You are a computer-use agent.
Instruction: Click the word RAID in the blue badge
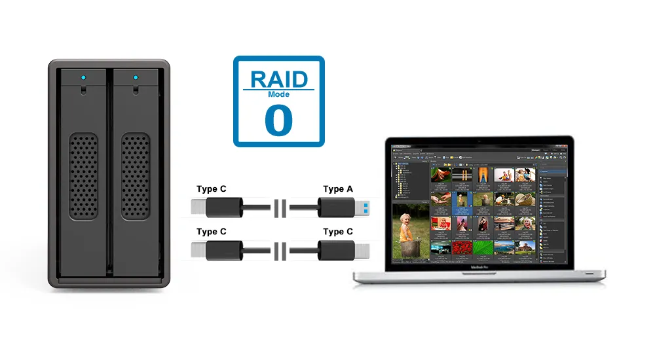[x=279, y=79]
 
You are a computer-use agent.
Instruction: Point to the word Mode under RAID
[x=279, y=94]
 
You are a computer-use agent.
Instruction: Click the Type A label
[x=337, y=189]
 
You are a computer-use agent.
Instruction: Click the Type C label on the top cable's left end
[x=211, y=189]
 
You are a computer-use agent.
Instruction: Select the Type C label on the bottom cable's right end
[x=337, y=232]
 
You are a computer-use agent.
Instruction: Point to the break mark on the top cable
[x=280, y=208]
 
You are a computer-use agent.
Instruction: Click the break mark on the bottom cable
[x=280, y=251]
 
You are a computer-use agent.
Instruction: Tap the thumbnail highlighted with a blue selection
[x=463, y=198]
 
